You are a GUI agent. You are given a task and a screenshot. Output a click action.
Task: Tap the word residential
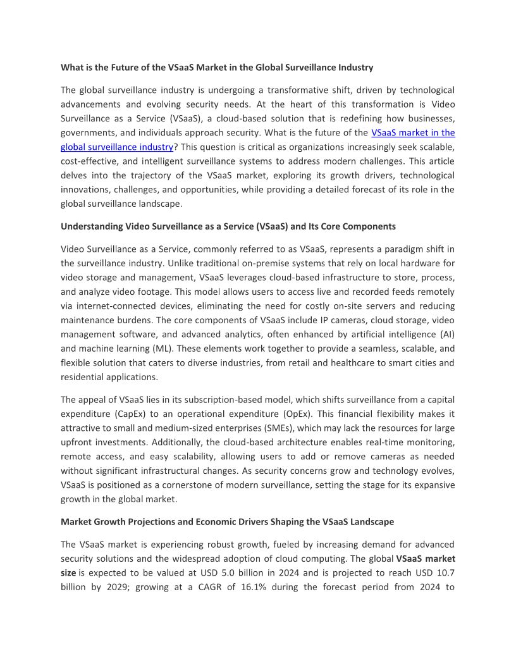point(84,376)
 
